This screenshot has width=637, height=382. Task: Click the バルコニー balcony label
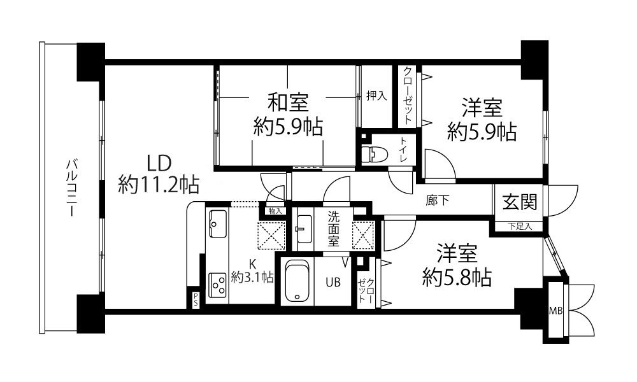[x=72, y=188]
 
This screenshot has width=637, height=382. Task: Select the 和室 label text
[x=288, y=103]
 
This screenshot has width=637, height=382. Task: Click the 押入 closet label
[x=376, y=95]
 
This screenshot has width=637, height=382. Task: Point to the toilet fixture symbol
[x=373, y=154]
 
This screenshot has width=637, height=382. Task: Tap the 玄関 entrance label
[x=520, y=202]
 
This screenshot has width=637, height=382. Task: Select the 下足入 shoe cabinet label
[x=520, y=227]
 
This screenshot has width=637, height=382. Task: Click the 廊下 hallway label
[x=438, y=200]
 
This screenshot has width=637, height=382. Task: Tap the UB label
[x=333, y=282]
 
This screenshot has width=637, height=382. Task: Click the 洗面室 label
[x=334, y=229]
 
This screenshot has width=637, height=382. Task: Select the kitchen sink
[x=218, y=223]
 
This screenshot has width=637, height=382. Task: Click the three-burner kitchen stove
[x=218, y=285]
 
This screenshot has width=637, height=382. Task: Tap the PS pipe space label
[x=196, y=300]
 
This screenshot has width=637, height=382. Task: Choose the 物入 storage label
[x=275, y=211]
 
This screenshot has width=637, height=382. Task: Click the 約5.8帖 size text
[x=457, y=278]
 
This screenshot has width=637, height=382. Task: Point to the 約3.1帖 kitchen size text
[x=252, y=278]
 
